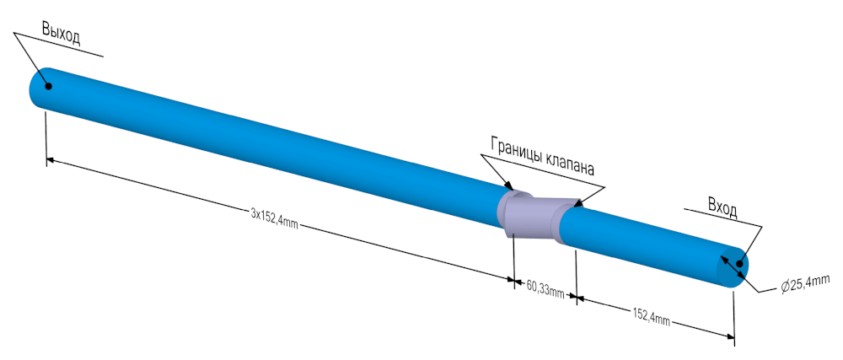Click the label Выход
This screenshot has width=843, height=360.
61,34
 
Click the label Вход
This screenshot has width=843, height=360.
722,207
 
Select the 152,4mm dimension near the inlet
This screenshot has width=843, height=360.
652,316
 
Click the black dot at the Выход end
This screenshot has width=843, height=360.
48,86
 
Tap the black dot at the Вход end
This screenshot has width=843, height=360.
738,265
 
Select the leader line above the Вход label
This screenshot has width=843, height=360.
722,217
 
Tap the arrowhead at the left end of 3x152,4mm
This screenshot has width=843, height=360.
51,159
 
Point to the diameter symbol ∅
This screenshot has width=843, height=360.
786,287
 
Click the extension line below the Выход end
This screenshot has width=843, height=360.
46,138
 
